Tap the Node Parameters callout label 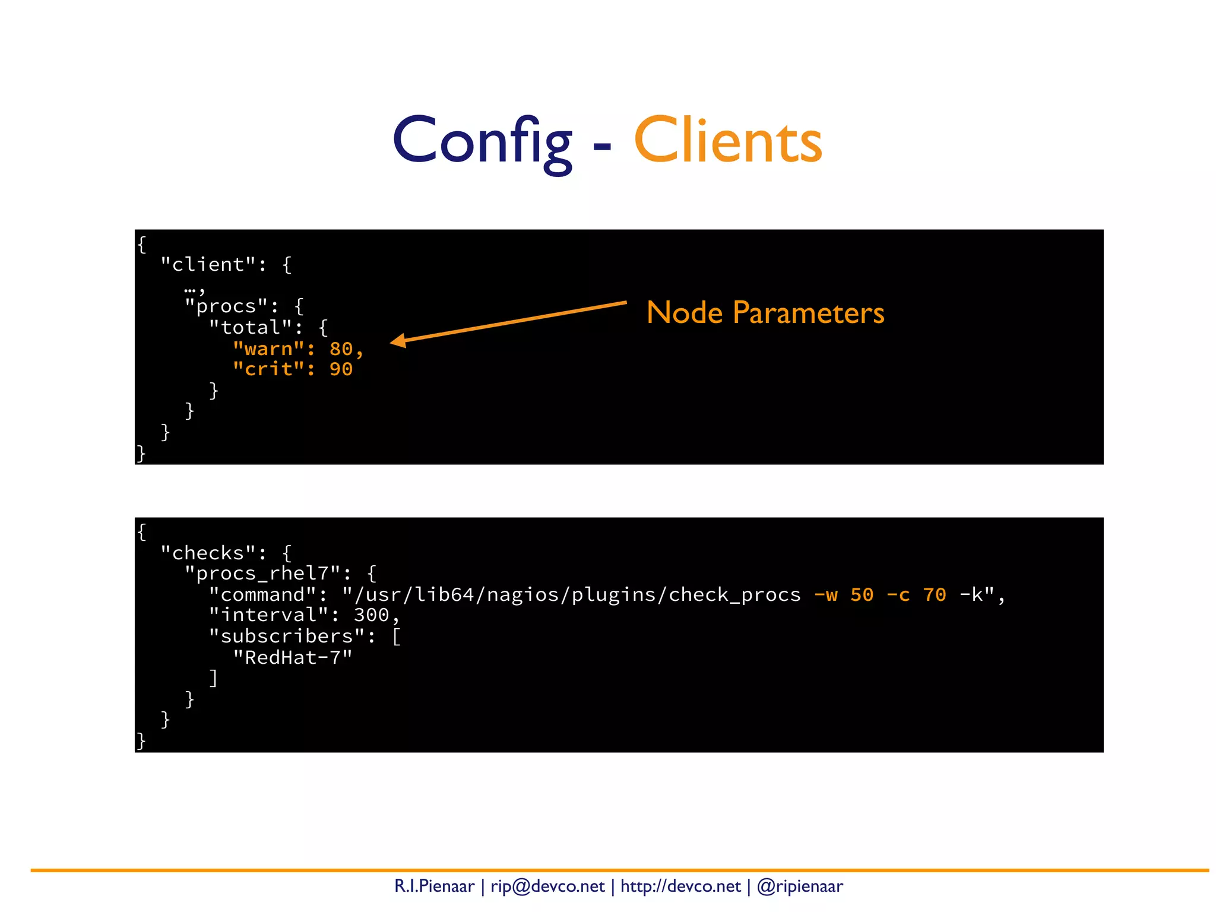click(765, 312)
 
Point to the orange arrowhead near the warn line click(398, 341)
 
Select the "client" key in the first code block click(208, 265)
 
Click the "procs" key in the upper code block click(226, 306)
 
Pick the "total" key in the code click(251, 327)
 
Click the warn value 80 click(341, 349)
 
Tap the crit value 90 click(341, 369)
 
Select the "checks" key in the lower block click(208, 553)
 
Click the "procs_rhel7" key click(262, 574)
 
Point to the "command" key click(262, 594)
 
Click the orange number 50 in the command click(862, 594)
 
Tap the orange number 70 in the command click(935, 594)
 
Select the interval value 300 click(371, 615)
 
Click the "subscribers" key click(287, 636)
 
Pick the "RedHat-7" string click(293, 657)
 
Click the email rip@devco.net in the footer click(547, 886)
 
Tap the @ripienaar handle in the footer click(800, 886)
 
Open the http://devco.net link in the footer click(680, 886)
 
